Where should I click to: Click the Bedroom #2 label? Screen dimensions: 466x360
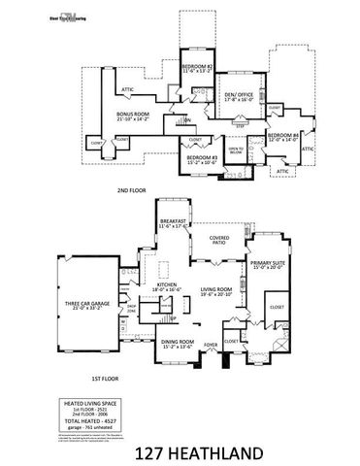[x=198, y=67]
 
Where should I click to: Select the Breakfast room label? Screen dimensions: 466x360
[x=175, y=222]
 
